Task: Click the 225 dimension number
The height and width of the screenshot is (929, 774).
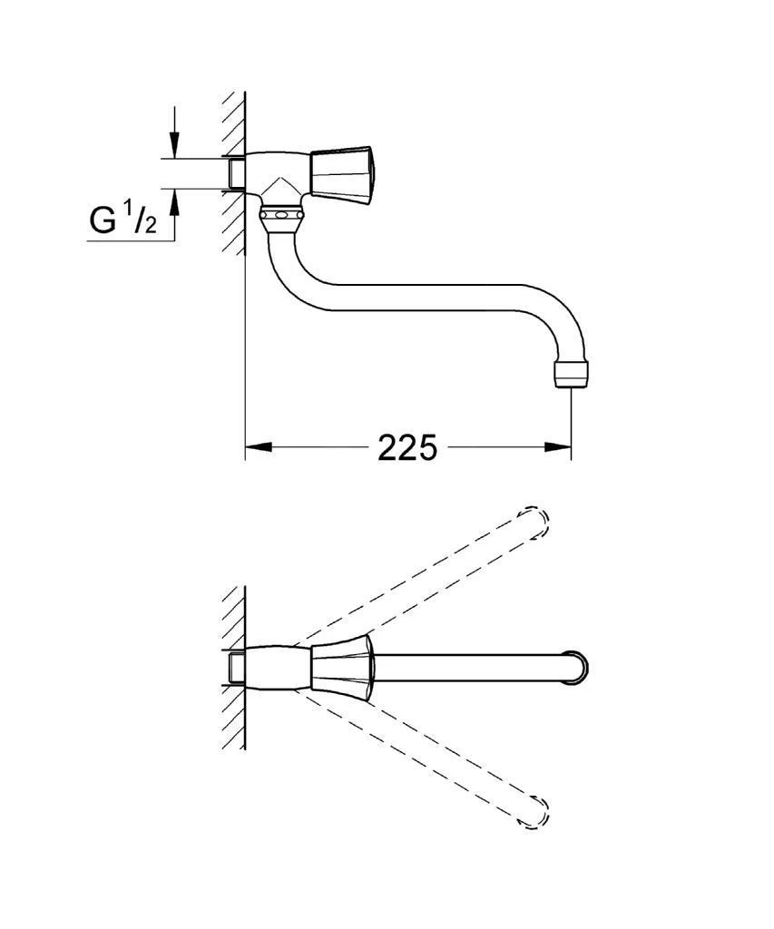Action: click(x=407, y=446)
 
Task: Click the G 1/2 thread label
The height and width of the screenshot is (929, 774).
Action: click(x=122, y=220)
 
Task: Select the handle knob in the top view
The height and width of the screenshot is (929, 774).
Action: click(x=341, y=666)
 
